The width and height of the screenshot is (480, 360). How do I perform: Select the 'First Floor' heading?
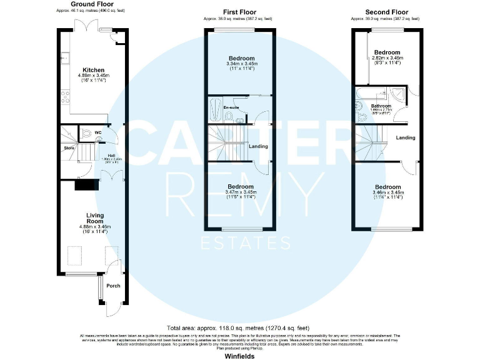pos(241,12)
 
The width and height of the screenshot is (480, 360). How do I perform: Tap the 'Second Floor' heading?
pos(387,12)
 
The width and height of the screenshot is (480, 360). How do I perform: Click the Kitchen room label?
pos(93,70)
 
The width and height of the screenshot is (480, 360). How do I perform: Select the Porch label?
pos(113,286)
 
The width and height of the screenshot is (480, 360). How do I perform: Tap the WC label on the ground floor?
pos(98,133)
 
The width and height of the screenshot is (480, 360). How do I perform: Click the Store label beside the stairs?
pos(69,148)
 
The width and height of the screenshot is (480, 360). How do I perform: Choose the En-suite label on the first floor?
pos(232,108)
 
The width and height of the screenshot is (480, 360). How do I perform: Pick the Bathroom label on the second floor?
pos(381,106)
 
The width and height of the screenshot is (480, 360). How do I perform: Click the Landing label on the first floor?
pos(258,146)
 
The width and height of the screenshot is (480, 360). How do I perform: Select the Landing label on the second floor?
pos(405,137)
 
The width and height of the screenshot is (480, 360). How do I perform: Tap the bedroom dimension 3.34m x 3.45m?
pos(241,64)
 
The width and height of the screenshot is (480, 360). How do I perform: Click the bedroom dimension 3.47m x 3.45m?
pos(241,192)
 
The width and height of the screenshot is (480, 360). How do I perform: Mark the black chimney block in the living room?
pos(87,185)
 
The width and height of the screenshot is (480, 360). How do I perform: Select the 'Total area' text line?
pos(237,328)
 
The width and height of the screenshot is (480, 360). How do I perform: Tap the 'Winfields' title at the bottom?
pos(240,354)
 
